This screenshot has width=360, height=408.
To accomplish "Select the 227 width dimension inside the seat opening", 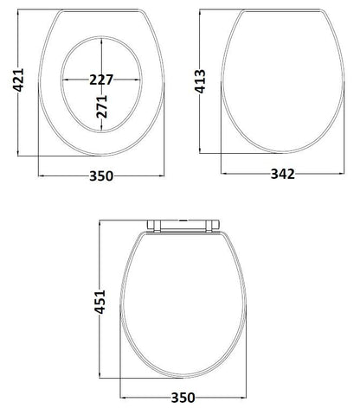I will click(x=100, y=79).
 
